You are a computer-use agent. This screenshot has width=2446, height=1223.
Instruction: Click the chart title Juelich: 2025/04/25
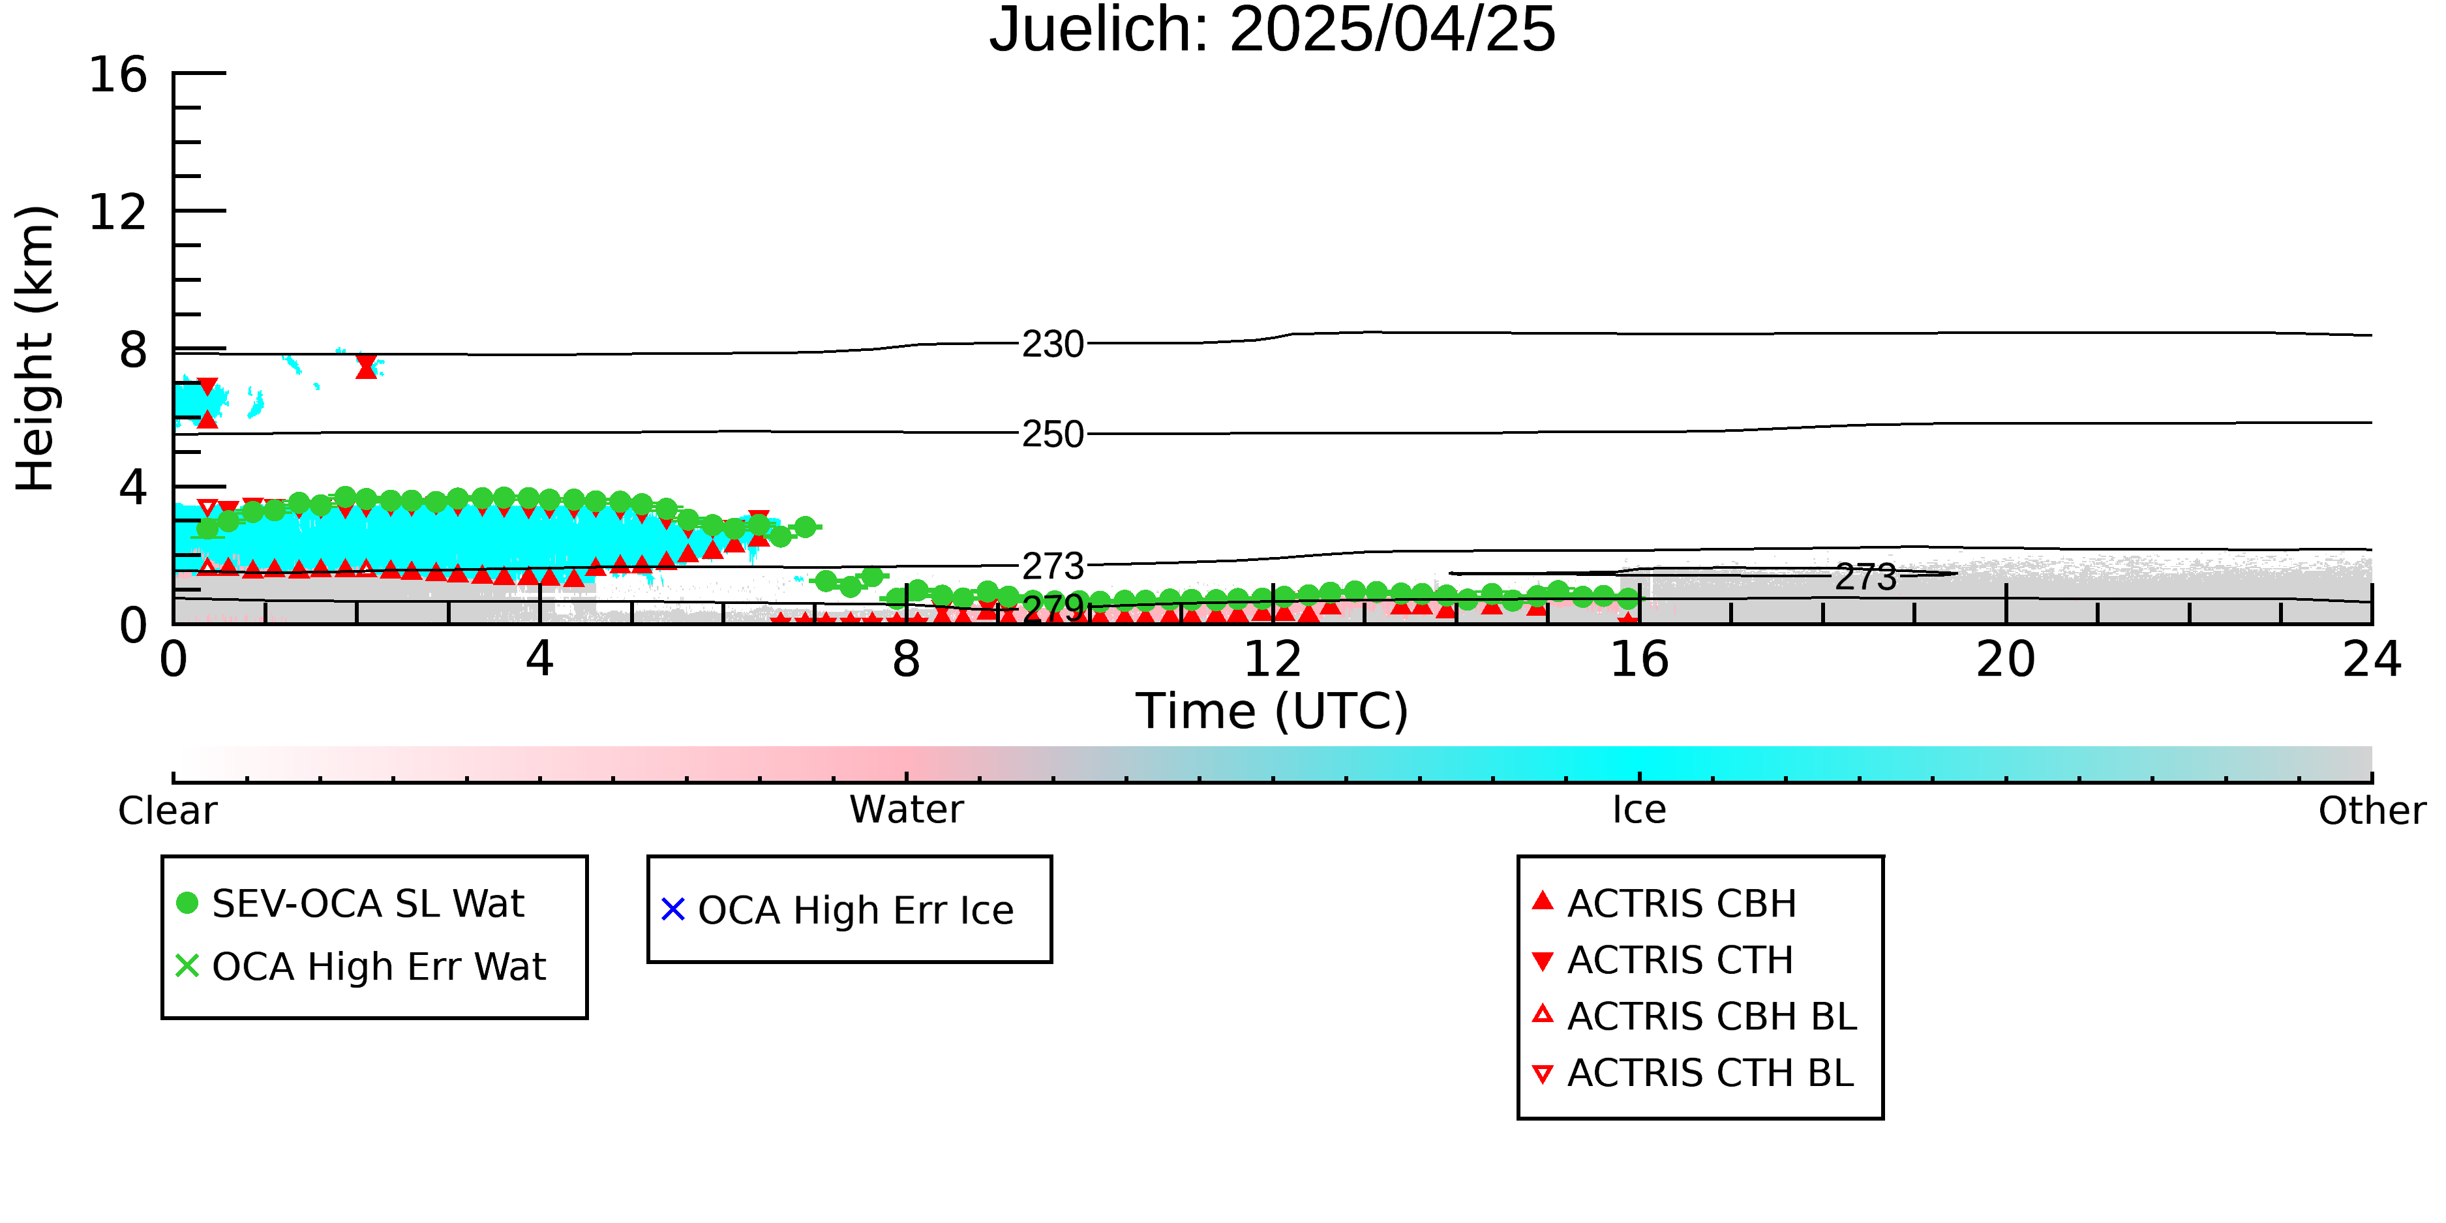(1273, 31)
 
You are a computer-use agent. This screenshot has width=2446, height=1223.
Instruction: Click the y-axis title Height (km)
(36, 348)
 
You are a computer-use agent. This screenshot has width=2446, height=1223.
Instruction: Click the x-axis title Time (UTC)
(1273, 711)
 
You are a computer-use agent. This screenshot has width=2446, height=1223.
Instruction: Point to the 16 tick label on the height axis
(118, 74)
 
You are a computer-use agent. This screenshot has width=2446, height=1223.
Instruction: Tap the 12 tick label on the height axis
(118, 212)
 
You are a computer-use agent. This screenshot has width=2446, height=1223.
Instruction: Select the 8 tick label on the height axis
(133, 350)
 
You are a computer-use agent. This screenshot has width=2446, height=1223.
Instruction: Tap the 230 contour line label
(1052, 344)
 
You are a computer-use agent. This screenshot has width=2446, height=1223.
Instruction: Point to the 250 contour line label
(1052, 434)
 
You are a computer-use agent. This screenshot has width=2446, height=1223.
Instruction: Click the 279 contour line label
(1052, 608)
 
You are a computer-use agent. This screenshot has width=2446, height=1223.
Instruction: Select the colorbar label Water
(906, 810)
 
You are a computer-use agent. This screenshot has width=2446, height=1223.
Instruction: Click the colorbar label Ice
(1639, 810)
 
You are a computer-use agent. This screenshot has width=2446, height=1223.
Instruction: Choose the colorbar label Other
(2372, 811)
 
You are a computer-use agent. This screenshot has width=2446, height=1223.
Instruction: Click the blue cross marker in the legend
(673, 910)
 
